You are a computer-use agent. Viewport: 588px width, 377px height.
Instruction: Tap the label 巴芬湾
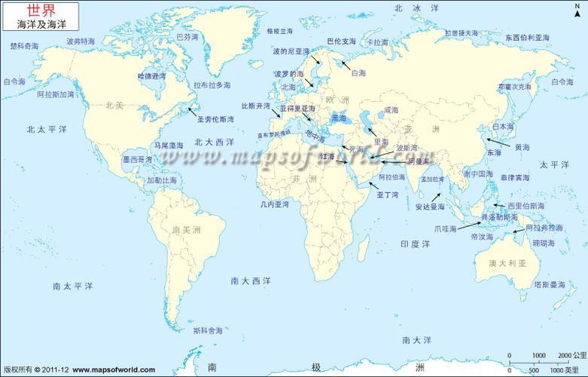click(187, 36)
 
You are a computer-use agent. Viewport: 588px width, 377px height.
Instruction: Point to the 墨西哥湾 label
click(137, 159)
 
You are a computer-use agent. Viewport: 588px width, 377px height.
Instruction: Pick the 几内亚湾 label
click(274, 204)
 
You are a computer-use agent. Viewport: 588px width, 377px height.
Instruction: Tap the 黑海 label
click(340, 118)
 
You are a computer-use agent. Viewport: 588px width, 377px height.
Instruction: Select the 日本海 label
click(502, 127)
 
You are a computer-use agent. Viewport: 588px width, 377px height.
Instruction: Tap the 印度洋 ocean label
click(415, 244)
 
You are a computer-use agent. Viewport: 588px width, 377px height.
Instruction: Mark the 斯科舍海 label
click(208, 329)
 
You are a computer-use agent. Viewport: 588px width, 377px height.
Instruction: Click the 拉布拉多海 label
click(212, 85)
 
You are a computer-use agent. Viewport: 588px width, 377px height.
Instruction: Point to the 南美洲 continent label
click(187, 229)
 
